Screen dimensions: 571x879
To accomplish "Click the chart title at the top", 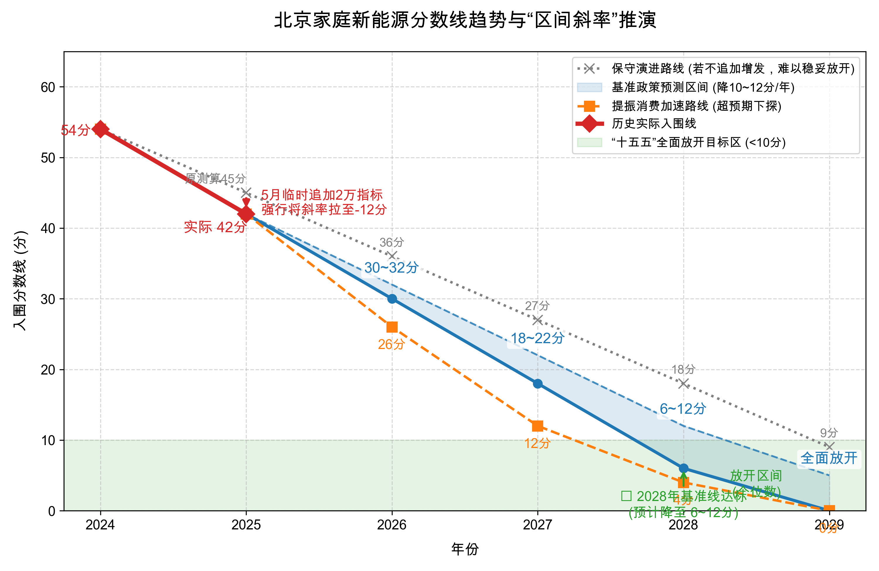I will [x=465, y=20].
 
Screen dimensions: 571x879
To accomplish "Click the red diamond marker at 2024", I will [x=100, y=129].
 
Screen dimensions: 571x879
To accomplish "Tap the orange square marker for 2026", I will [x=392, y=327].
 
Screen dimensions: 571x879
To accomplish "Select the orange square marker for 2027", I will [x=537, y=426].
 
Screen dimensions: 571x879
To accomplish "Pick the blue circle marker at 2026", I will [x=392, y=299].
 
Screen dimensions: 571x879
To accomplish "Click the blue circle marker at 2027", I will [x=537, y=384].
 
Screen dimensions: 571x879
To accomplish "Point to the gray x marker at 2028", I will [x=683, y=384].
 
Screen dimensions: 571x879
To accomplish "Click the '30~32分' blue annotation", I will [x=391, y=268].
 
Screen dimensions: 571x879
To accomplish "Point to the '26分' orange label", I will [x=391, y=344].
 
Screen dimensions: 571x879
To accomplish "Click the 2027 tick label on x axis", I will [x=537, y=524].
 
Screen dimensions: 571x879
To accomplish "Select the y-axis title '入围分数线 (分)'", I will [x=20, y=281].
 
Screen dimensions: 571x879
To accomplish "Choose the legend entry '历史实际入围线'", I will [x=654, y=124].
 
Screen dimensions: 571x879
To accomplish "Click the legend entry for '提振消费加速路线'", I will [x=696, y=106].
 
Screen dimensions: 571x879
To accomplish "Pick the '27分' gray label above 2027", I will [x=537, y=306].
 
